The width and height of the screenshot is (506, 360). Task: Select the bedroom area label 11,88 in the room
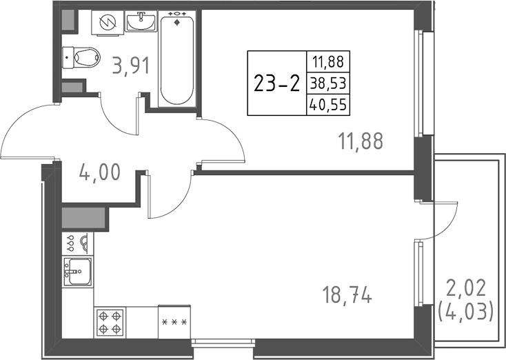click(x=361, y=141)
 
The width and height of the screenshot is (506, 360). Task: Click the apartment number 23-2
click(x=276, y=84)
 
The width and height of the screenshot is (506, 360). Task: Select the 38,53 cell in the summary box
click(x=329, y=84)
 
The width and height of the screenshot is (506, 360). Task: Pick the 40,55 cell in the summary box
click(x=329, y=106)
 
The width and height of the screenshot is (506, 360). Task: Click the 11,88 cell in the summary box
click(x=329, y=63)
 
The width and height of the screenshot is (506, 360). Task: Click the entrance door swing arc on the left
click(x=28, y=131)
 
